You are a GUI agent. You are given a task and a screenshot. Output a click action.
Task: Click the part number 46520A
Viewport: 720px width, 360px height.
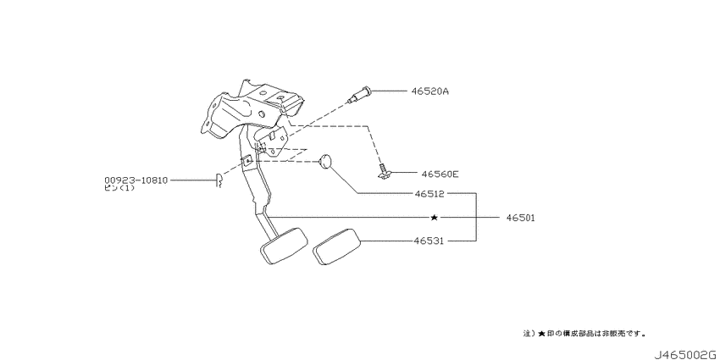pos(430,91)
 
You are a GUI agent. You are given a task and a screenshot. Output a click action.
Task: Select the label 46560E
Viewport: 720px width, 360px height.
pos(440,174)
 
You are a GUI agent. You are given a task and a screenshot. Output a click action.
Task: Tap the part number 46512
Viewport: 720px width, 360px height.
pos(429,194)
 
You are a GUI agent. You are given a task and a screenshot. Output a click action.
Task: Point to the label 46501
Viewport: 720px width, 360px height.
pos(520,217)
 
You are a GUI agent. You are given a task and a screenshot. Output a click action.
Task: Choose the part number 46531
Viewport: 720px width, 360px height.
pos(429,241)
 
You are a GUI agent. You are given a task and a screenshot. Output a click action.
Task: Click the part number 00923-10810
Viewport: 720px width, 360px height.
pos(136,180)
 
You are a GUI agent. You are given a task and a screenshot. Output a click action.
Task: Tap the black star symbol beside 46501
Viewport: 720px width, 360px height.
pos(434,217)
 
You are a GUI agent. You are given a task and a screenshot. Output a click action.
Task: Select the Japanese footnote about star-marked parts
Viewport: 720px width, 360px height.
pos(584,333)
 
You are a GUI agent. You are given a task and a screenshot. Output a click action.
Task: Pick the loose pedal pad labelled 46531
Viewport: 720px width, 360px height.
pos(335,249)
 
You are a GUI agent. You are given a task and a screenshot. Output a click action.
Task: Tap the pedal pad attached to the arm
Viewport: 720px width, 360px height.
pos(283,246)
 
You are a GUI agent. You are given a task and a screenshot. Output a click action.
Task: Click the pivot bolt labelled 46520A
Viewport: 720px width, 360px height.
pos(359,96)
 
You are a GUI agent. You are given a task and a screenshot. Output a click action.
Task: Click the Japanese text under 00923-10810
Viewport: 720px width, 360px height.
pos(119,188)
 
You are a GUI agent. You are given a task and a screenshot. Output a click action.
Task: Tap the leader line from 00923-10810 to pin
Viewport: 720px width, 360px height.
pos(193,180)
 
